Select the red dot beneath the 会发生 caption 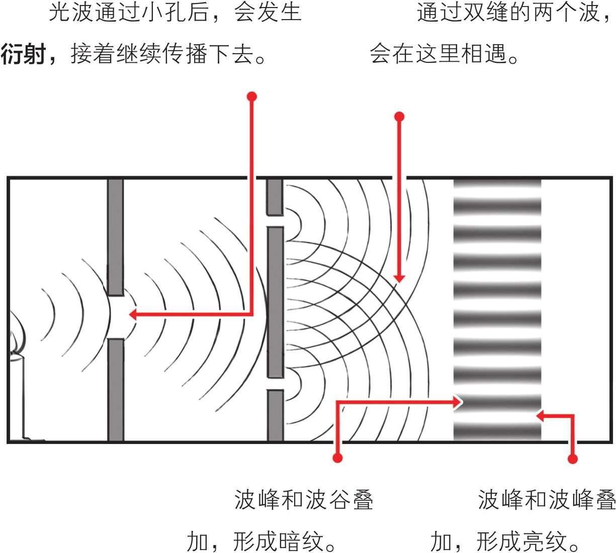[x=252, y=96]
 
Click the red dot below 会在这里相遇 [x=399, y=117]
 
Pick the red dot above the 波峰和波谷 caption [x=338, y=458]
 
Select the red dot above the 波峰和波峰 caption [x=572, y=458]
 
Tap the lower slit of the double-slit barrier [x=275, y=384]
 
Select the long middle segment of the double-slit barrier [x=275, y=301]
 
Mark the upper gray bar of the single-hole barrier [x=116, y=236]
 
